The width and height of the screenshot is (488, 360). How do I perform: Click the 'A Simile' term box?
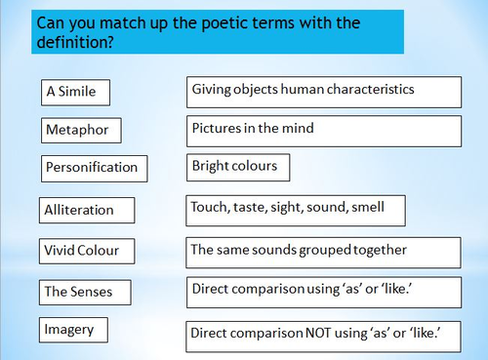(x=75, y=93)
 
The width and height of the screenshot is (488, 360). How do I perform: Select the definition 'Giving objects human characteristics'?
(x=323, y=91)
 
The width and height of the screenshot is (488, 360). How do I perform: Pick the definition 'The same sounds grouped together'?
(x=323, y=251)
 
